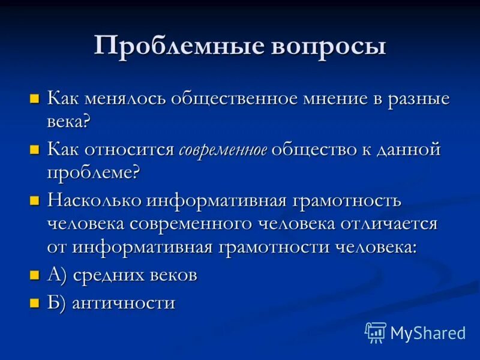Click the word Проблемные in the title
tap(161, 47)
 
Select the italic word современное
tap(223, 151)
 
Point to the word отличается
tap(386, 224)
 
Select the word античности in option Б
tap(124, 303)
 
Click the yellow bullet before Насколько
tap(35, 200)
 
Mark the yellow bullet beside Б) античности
tap(35, 302)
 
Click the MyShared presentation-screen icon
tap(376, 332)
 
